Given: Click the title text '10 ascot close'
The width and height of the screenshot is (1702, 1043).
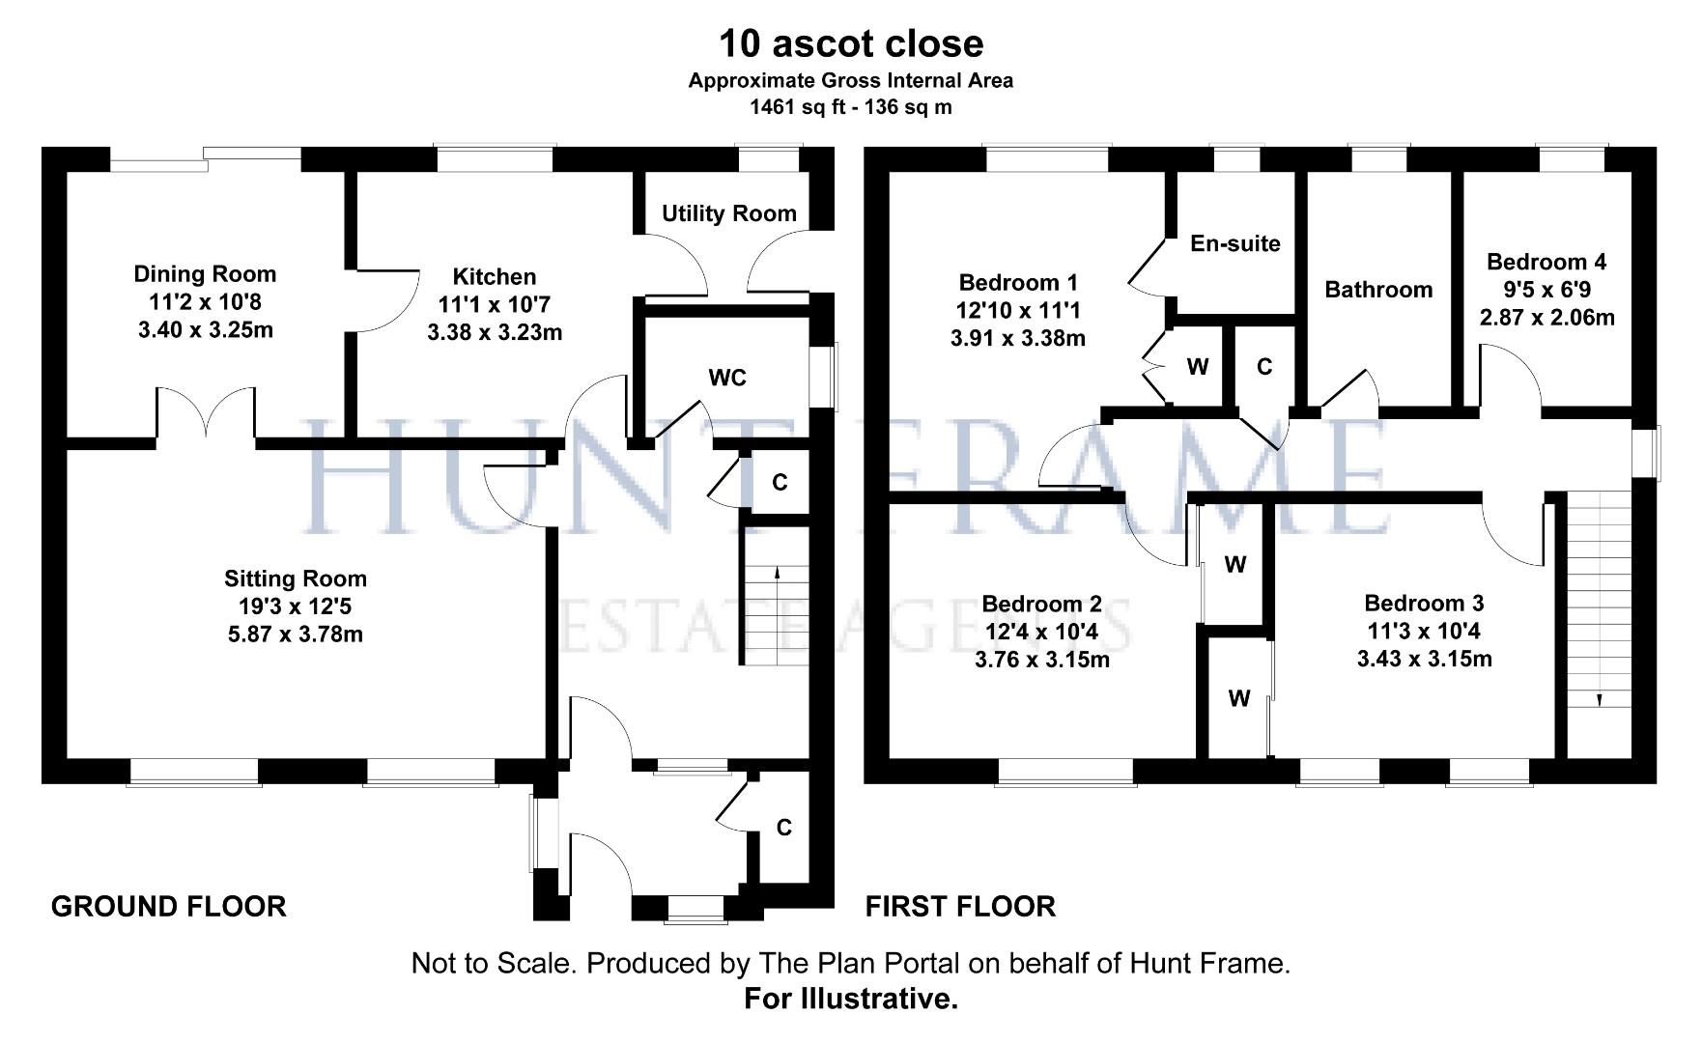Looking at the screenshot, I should pyautogui.click(x=850, y=43).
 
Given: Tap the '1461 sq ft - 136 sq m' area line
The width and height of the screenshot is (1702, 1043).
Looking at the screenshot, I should pyautogui.click(x=850, y=107).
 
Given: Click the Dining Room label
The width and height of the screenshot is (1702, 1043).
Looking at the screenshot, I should pyautogui.click(x=205, y=274).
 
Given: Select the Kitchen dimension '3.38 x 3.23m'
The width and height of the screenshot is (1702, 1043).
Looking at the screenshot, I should pyautogui.click(x=494, y=333).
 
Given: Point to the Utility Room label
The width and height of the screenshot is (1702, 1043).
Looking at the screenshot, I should pyautogui.click(x=728, y=213).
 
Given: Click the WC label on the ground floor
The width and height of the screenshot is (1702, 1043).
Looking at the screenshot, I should pyautogui.click(x=726, y=378).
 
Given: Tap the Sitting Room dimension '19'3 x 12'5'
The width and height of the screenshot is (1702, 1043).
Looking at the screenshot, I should pyautogui.click(x=295, y=606).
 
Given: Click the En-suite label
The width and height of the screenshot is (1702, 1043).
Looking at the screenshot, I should pyautogui.click(x=1234, y=243).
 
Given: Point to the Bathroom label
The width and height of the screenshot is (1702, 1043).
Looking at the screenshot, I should pyautogui.click(x=1377, y=290).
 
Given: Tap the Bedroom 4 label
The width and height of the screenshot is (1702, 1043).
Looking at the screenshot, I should pyautogui.click(x=1546, y=262).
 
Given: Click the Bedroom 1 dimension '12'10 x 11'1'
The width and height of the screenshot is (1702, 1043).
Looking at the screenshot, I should pyautogui.click(x=1017, y=311).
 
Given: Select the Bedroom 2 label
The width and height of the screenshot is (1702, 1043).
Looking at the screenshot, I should pyautogui.click(x=1041, y=605).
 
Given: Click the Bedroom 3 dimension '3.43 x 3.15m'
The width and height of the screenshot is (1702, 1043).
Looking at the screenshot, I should pyautogui.click(x=1424, y=660).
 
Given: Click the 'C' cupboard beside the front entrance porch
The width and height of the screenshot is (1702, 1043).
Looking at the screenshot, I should pyautogui.click(x=783, y=828).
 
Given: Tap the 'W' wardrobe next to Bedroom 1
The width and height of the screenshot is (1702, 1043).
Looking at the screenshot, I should pyautogui.click(x=1197, y=367).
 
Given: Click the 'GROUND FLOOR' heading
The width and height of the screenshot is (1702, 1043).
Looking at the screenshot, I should pyautogui.click(x=168, y=907).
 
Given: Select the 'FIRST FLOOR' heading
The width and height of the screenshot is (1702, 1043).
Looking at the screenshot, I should pyautogui.click(x=959, y=907).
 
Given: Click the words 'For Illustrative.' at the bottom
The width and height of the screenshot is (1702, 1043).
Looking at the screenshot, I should pyautogui.click(x=850, y=999).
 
